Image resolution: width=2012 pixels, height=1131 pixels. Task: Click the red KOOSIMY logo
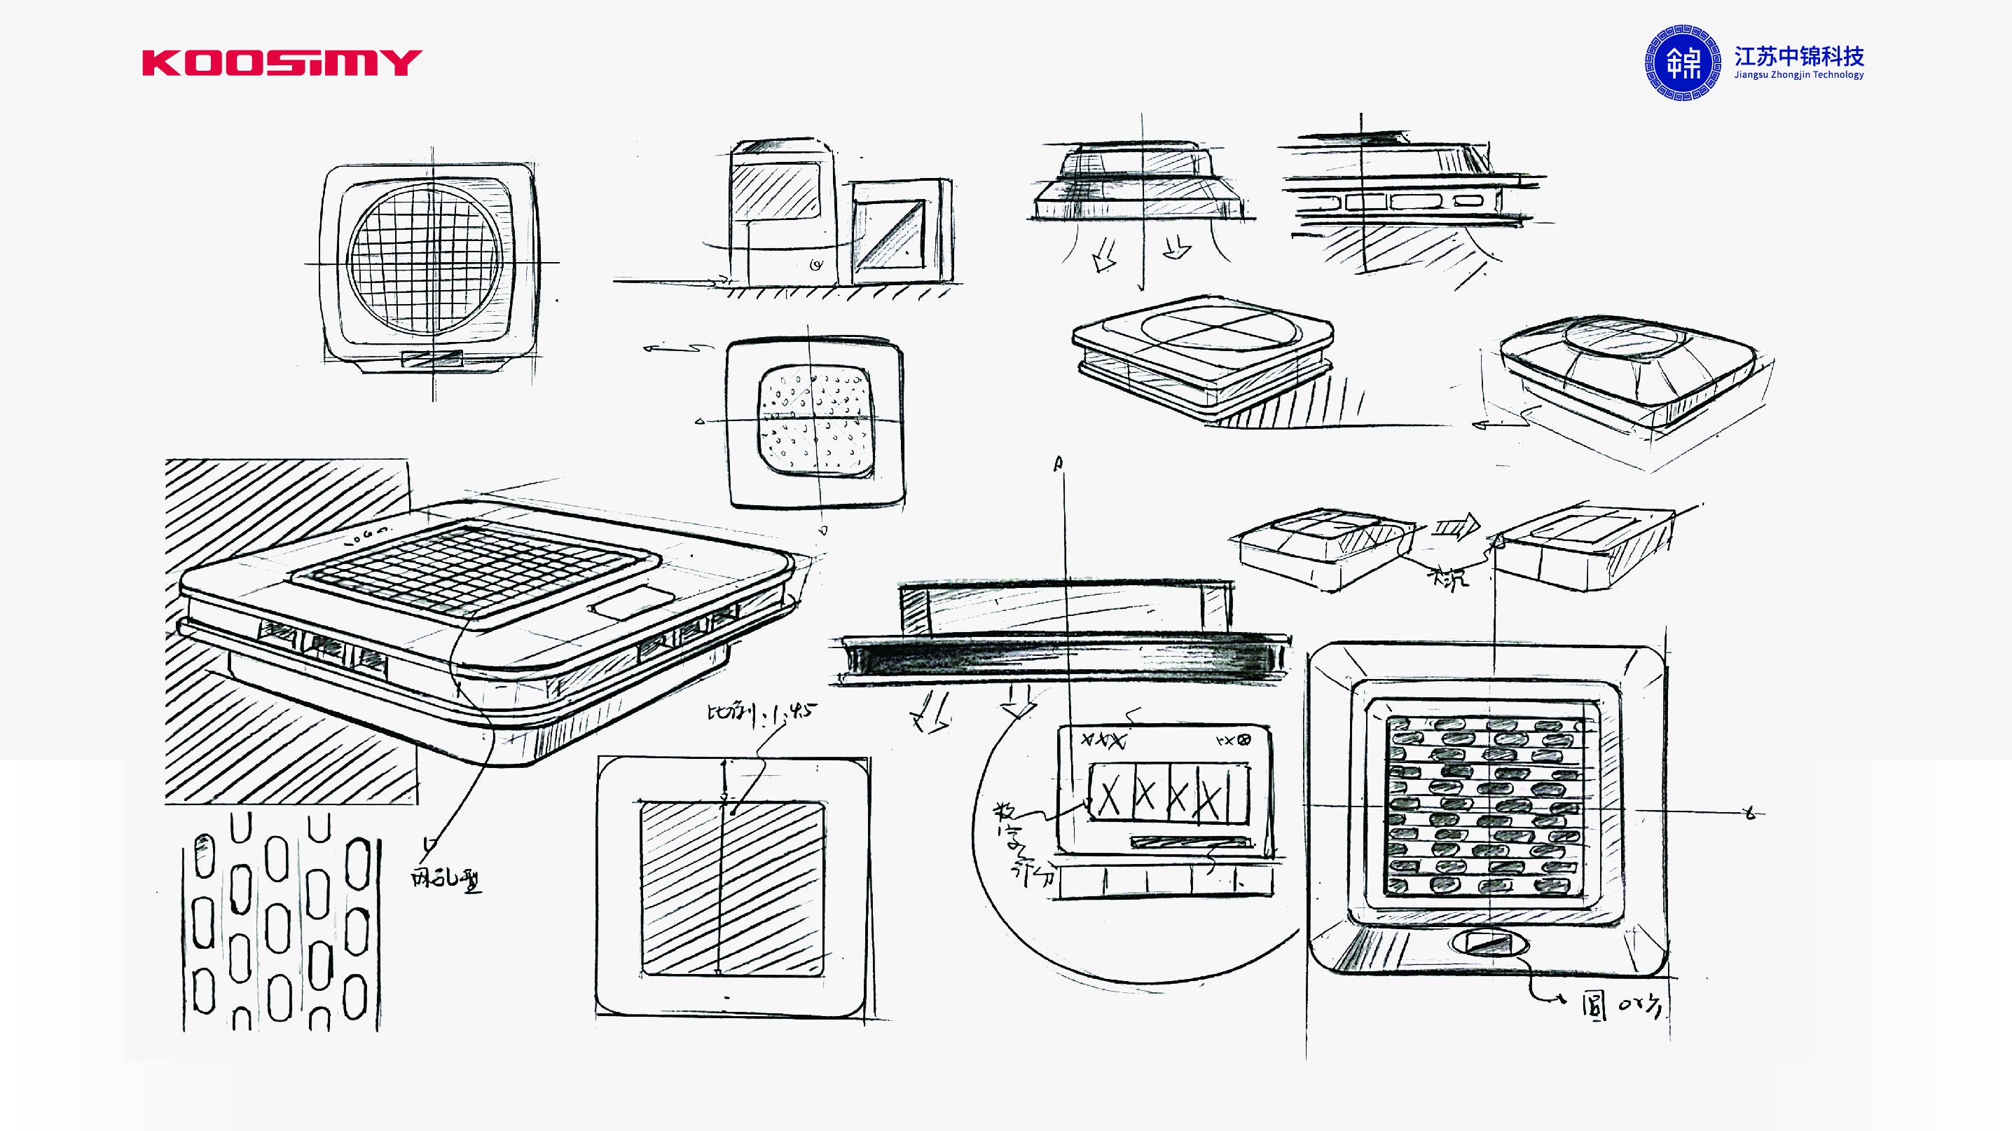tap(281, 62)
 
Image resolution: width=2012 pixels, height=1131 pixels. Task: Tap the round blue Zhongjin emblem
tap(1683, 62)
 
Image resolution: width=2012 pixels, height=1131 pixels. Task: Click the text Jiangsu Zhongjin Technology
tap(1799, 75)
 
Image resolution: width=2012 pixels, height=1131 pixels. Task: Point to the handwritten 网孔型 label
tap(446, 879)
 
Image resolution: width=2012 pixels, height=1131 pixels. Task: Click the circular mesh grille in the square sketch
tap(425, 260)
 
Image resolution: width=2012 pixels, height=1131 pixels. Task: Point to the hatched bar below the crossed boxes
tap(1190, 842)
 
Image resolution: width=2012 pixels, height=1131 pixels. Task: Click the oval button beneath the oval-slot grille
tap(1489, 943)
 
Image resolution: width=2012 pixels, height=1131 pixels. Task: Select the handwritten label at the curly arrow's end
tap(1620, 1006)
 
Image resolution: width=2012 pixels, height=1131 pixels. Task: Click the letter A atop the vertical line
tap(1059, 464)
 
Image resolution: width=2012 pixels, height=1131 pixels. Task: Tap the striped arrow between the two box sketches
tap(1456, 527)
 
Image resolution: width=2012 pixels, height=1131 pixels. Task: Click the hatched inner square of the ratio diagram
tap(732, 888)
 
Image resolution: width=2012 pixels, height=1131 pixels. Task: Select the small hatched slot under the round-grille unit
tap(431, 359)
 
